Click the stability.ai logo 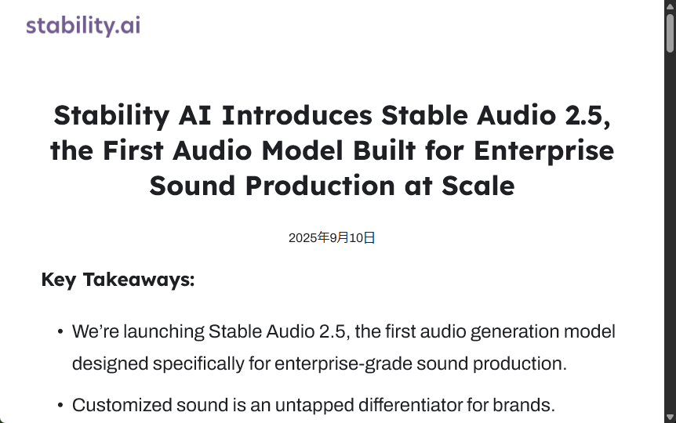[83, 26]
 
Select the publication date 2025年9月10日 [332, 238]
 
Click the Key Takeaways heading [118, 280]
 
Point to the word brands [528, 405]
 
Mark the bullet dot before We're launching [60, 332]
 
